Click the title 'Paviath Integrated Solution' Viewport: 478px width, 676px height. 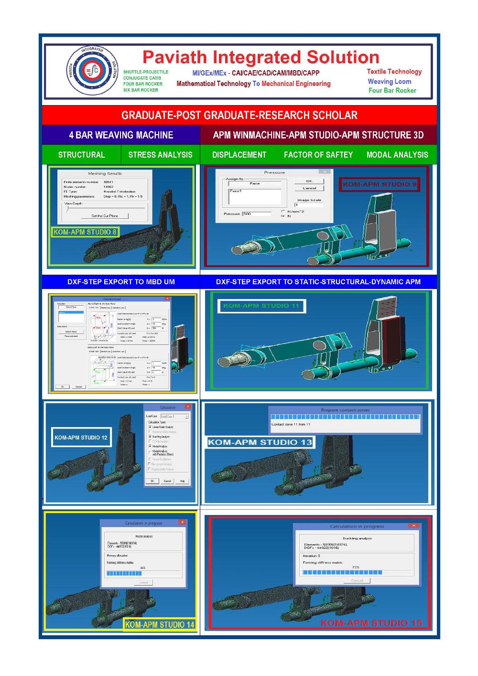[261, 57]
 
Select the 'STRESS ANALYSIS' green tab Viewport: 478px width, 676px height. [160, 155]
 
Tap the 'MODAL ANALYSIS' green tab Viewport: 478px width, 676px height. [397, 155]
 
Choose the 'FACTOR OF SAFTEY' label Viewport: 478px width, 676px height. [318, 155]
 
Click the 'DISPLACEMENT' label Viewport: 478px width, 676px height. [239, 155]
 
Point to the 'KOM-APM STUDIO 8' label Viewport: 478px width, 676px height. [85, 232]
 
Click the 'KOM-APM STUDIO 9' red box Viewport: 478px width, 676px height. [380, 184]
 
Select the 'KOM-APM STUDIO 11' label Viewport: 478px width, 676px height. [261, 306]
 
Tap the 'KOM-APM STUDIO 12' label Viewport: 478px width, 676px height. [81, 438]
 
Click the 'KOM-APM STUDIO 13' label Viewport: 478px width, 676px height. [260, 442]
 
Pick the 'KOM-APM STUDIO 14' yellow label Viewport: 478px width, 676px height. [160, 624]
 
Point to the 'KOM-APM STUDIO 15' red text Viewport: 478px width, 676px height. [371, 623]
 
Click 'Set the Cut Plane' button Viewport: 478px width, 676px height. [105, 216]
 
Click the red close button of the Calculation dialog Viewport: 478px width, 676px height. [188, 407]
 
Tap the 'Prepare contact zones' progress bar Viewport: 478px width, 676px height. [345, 417]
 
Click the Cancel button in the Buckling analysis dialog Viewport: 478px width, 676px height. [357, 580]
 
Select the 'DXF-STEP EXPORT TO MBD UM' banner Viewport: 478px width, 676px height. [121, 282]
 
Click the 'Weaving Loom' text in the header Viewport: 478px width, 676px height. [389, 82]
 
